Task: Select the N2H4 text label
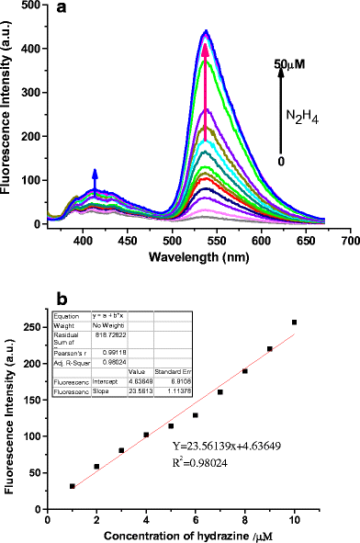[307, 116]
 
